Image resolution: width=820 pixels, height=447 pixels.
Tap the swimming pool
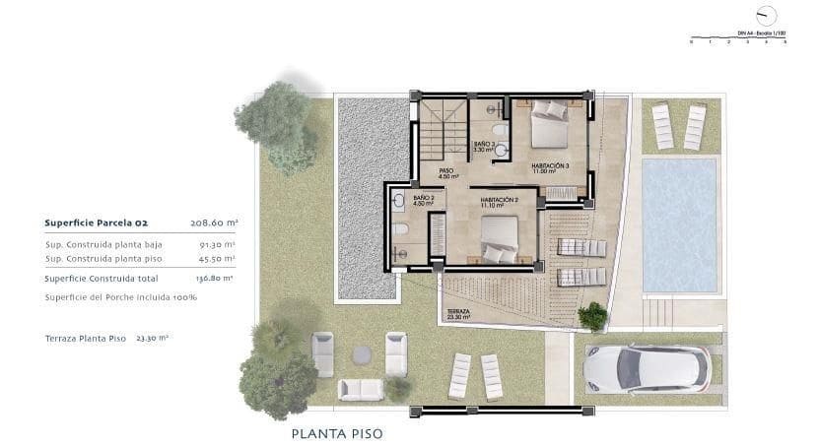[x=680, y=224]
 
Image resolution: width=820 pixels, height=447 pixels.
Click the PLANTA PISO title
[x=336, y=432]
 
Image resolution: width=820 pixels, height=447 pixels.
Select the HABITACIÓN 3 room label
[x=550, y=166]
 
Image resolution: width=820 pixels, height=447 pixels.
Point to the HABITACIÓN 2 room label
[x=500, y=201]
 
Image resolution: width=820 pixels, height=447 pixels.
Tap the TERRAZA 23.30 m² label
[x=457, y=314]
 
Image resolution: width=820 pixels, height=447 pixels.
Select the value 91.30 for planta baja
[x=217, y=243]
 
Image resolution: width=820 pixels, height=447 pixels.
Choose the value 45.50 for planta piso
[x=217, y=258]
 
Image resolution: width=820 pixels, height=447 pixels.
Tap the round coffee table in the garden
[x=361, y=353]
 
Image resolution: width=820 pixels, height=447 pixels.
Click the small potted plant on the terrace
[x=592, y=316]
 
